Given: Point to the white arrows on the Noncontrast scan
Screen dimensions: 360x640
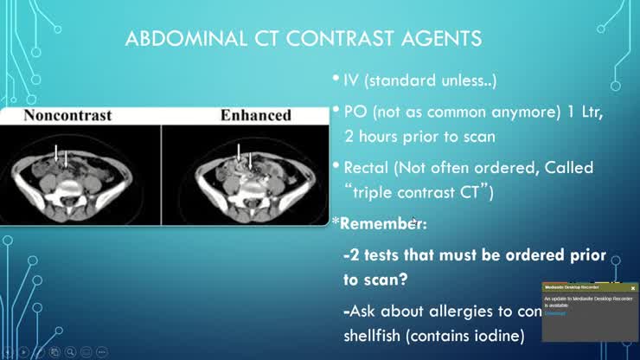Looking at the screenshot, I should coord(61,157).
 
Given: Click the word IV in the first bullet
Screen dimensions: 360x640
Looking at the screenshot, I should coord(352,82).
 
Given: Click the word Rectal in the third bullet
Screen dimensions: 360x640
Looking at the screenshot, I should coord(367,167).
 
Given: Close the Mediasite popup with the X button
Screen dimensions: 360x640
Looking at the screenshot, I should coord(632,287).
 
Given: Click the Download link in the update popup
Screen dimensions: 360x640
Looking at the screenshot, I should coord(554,312).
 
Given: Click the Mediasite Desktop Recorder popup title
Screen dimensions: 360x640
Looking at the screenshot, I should coord(572,287).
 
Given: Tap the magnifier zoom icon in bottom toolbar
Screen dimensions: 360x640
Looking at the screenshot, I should coord(70,352).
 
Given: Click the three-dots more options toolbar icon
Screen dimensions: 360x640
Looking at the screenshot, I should coord(102,352).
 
